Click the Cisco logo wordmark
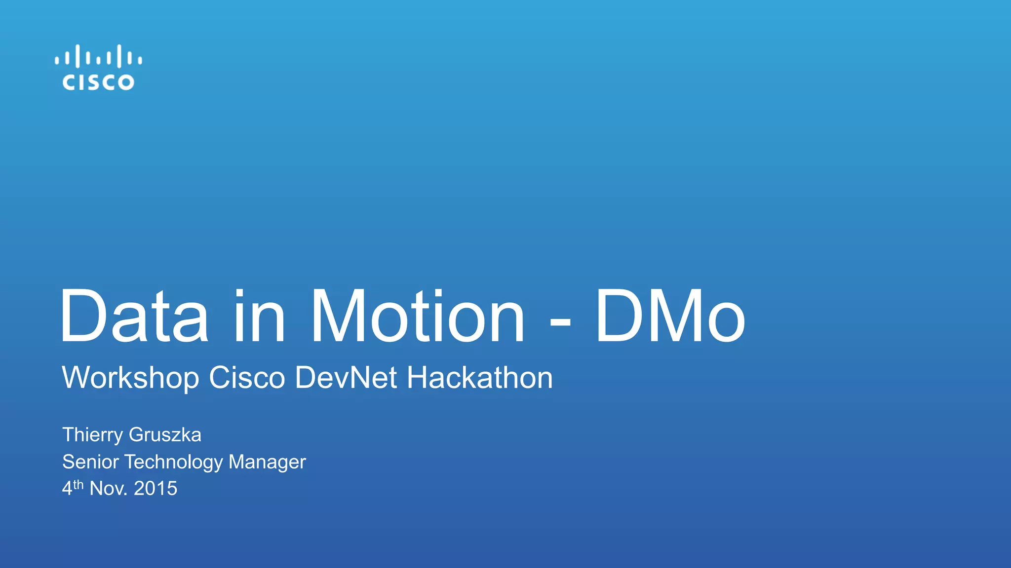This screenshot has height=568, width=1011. pyautogui.click(x=98, y=82)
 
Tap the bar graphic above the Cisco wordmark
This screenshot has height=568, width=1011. pyautogui.click(x=98, y=56)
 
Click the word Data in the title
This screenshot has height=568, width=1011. pyautogui.click(x=134, y=316)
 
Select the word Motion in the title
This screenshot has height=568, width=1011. pyautogui.click(x=418, y=316)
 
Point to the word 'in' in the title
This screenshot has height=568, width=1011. pyautogui.click(x=259, y=316)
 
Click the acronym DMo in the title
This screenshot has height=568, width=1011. pyautogui.click(x=670, y=316)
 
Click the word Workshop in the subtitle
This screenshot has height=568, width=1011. pyautogui.click(x=130, y=379)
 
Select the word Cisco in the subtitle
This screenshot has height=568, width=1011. pyautogui.click(x=247, y=378)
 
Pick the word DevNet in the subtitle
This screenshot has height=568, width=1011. pyautogui.click(x=346, y=378)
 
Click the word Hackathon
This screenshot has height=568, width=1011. pyautogui.click(x=479, y=378)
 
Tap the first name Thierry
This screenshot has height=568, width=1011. pyautogui.click(x=92, y=435)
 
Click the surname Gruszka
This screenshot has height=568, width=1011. pyautogui.click(x=165, y=435)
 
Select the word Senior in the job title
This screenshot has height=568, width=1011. pyautogui.click(x=90, y=462)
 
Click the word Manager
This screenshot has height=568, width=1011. pyautogui.click(x=267, y=462)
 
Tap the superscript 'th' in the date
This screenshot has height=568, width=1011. pyautogui.click(x=78, y=485)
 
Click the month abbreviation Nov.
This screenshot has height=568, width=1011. pyautogui.click(x=108, y=489)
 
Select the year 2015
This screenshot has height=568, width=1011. pyautogui.click(x=156, y=489)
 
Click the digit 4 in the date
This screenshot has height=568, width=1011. pyautogui.click(x=67, y=489)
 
